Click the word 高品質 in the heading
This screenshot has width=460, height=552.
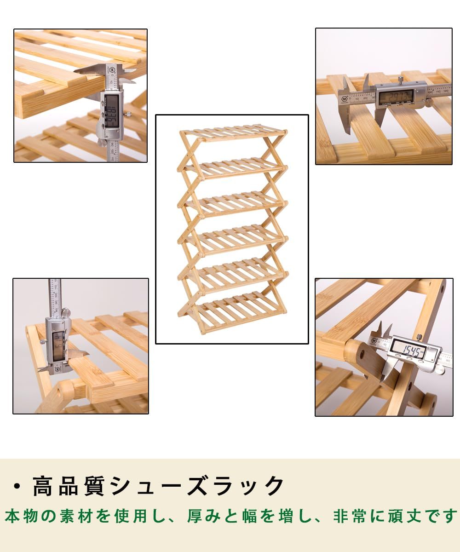pyautogui.click(x=62, y=486)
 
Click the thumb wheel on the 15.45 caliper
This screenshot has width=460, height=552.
pyautogui.click(x=440, y=369)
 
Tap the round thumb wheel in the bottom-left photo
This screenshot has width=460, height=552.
pyautogui.click(x=66, y=313)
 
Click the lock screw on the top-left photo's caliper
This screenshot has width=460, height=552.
pyautogui.click(x=127, y=111)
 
